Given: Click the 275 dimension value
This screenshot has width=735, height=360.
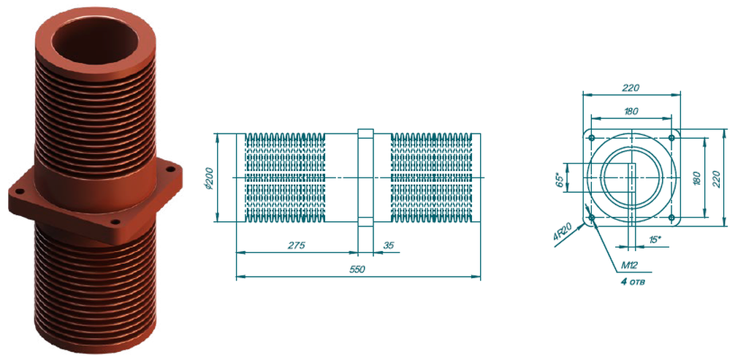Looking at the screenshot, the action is pyautogui.click(x=297, y=245).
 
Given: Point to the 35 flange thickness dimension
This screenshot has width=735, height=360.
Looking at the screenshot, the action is pyautogui.click(x=389, y=245).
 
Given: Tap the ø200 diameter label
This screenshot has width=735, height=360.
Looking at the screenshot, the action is pyautogui.click(x=209, y=178).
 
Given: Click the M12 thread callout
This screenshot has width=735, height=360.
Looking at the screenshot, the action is pyautogui.click(x=630, y=265).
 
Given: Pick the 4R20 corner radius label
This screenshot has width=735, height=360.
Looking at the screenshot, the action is pyautogui.click(x=563, y=232).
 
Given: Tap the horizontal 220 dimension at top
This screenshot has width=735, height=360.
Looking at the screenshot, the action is pyautogui.click(x=631, y=88).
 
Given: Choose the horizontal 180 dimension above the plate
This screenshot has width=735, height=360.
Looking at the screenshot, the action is pyautogui.click(x=631, y=111).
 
